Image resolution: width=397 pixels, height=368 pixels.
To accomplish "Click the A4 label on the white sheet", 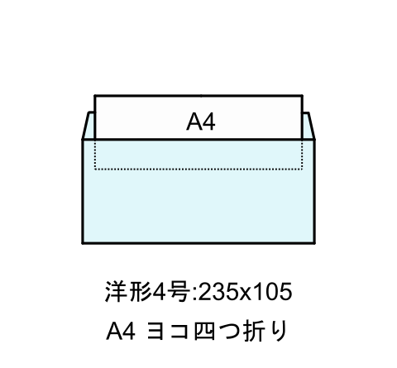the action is (201, 122).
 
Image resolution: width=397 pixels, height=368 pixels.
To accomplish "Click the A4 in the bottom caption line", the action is (121, 332).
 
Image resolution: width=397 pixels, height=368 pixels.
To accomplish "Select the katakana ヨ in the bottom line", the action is (156, 332).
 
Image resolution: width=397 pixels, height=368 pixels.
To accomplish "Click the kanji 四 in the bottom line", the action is (204, 332).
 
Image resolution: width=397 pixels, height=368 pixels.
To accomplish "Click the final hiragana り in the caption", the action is (279, 332).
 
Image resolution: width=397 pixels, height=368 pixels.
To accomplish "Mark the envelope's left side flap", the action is (88, 126).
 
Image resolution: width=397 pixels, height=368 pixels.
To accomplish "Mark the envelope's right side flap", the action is (309, 126).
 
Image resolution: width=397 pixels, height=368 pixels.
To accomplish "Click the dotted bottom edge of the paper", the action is (198, 169).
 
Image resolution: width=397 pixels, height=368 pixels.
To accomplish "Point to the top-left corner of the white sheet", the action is (94, 96).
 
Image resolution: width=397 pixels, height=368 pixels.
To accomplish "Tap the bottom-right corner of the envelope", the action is (314, 243).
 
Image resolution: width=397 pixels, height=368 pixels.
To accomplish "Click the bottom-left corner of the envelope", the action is (83, 243).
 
